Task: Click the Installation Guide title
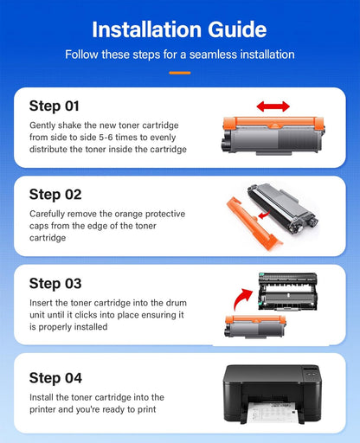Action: pos(179,29)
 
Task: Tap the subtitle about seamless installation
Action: pos(179,55)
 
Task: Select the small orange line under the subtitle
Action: pos(179,72)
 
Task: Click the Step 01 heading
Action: pos(55,106)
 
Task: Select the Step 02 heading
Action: pos(55,194)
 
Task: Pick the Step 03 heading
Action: pos(55,283)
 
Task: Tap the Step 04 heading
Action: pos(55,377)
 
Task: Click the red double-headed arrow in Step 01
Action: pos(273,106)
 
